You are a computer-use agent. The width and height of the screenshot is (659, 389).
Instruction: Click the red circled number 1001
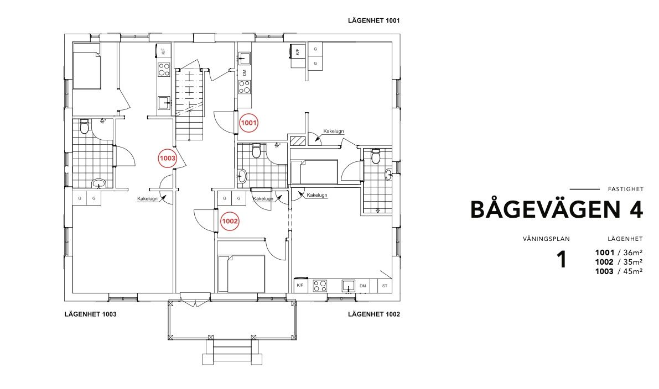[x=248, y=123]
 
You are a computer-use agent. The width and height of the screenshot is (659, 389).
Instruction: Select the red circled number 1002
[x=230, y=221]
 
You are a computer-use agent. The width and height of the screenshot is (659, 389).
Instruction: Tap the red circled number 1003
[x=167, y=158]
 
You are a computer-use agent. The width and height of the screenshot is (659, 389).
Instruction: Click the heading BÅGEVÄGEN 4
[x=557, y=209]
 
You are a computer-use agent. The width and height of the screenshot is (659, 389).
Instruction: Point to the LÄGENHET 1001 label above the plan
[x=373, y=20]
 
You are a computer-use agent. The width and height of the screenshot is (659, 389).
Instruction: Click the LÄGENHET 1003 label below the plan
[x=90, y=314]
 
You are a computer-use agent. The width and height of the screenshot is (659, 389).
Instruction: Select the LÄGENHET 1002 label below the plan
[x=374, y=314]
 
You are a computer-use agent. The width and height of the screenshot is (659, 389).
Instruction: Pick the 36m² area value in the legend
[x=632, y=253]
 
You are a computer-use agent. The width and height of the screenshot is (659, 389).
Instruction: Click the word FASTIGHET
[x=626, y=190]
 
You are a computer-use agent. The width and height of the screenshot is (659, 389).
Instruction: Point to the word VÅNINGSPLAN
[x=546, y=239]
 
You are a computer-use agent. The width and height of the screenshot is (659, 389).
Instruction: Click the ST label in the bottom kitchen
[x=385, y=286]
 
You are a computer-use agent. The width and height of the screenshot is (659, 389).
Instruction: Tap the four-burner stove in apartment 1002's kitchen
[x=320, y=286]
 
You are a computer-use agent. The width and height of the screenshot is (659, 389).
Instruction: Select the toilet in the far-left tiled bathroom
[x=85, y=126]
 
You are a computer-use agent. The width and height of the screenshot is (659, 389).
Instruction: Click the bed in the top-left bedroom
[x=87, y=70]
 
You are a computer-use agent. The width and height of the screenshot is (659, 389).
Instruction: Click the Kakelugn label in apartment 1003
[x=147, y=199]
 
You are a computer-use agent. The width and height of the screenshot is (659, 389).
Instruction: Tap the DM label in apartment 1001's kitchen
[x=244, y=73]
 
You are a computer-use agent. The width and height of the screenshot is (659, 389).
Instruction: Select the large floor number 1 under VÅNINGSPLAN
[x=562, y=260]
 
